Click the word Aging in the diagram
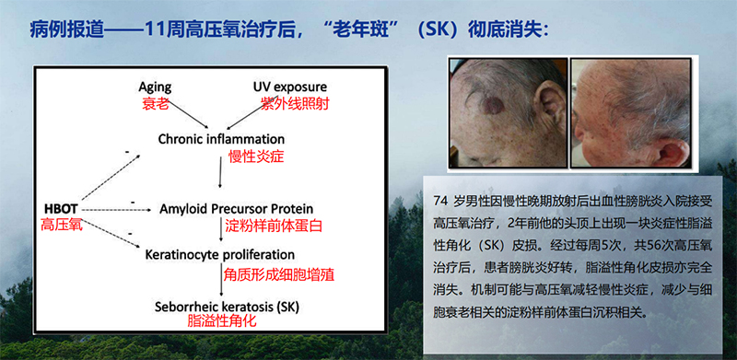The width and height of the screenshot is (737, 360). coord(154,87)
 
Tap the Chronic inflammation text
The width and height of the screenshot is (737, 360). coord(221,138)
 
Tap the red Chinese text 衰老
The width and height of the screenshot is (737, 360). coord(155,103)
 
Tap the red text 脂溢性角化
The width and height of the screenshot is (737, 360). coord(220,321)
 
